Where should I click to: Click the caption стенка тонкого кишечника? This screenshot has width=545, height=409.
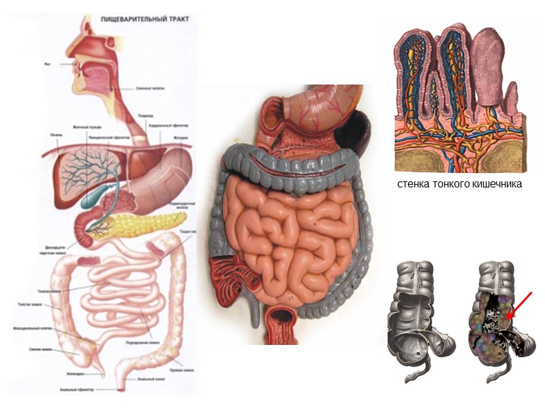point(458,184)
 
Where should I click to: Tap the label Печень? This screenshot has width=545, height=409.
point(57,134)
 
